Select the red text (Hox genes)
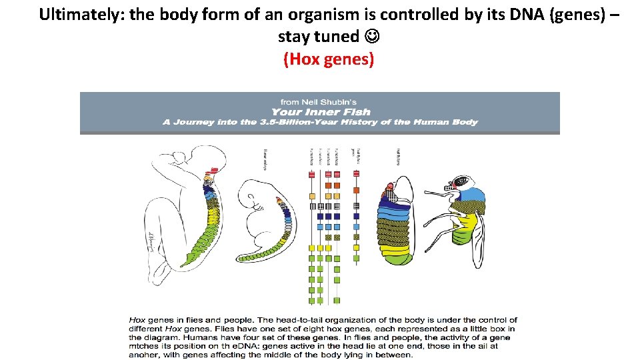pos(329,59)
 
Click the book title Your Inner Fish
pos(320,111)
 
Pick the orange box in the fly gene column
pos(357,190)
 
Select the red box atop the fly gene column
pos(357,174)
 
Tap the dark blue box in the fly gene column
pos(357,215)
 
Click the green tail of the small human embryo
pos(265,251)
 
